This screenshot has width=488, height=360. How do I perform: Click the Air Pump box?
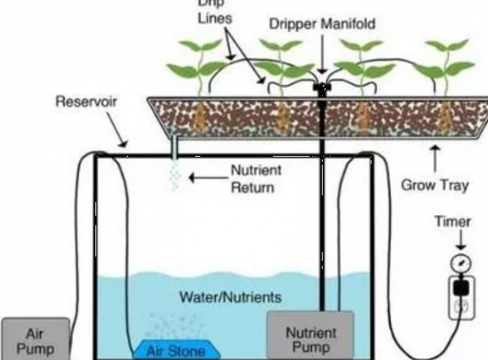[x=34, y=339]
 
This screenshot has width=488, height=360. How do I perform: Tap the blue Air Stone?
[x=176, y=350]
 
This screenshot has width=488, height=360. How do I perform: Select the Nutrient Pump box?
[x=311, y=337]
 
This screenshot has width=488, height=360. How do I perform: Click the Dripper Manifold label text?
[x=323, y=23]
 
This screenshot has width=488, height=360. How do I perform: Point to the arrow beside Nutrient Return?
[x=205, y=176]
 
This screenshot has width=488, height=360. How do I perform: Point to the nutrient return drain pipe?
[x=174, y=150]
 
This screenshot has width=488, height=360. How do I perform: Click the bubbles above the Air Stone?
[x=171, y=326]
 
